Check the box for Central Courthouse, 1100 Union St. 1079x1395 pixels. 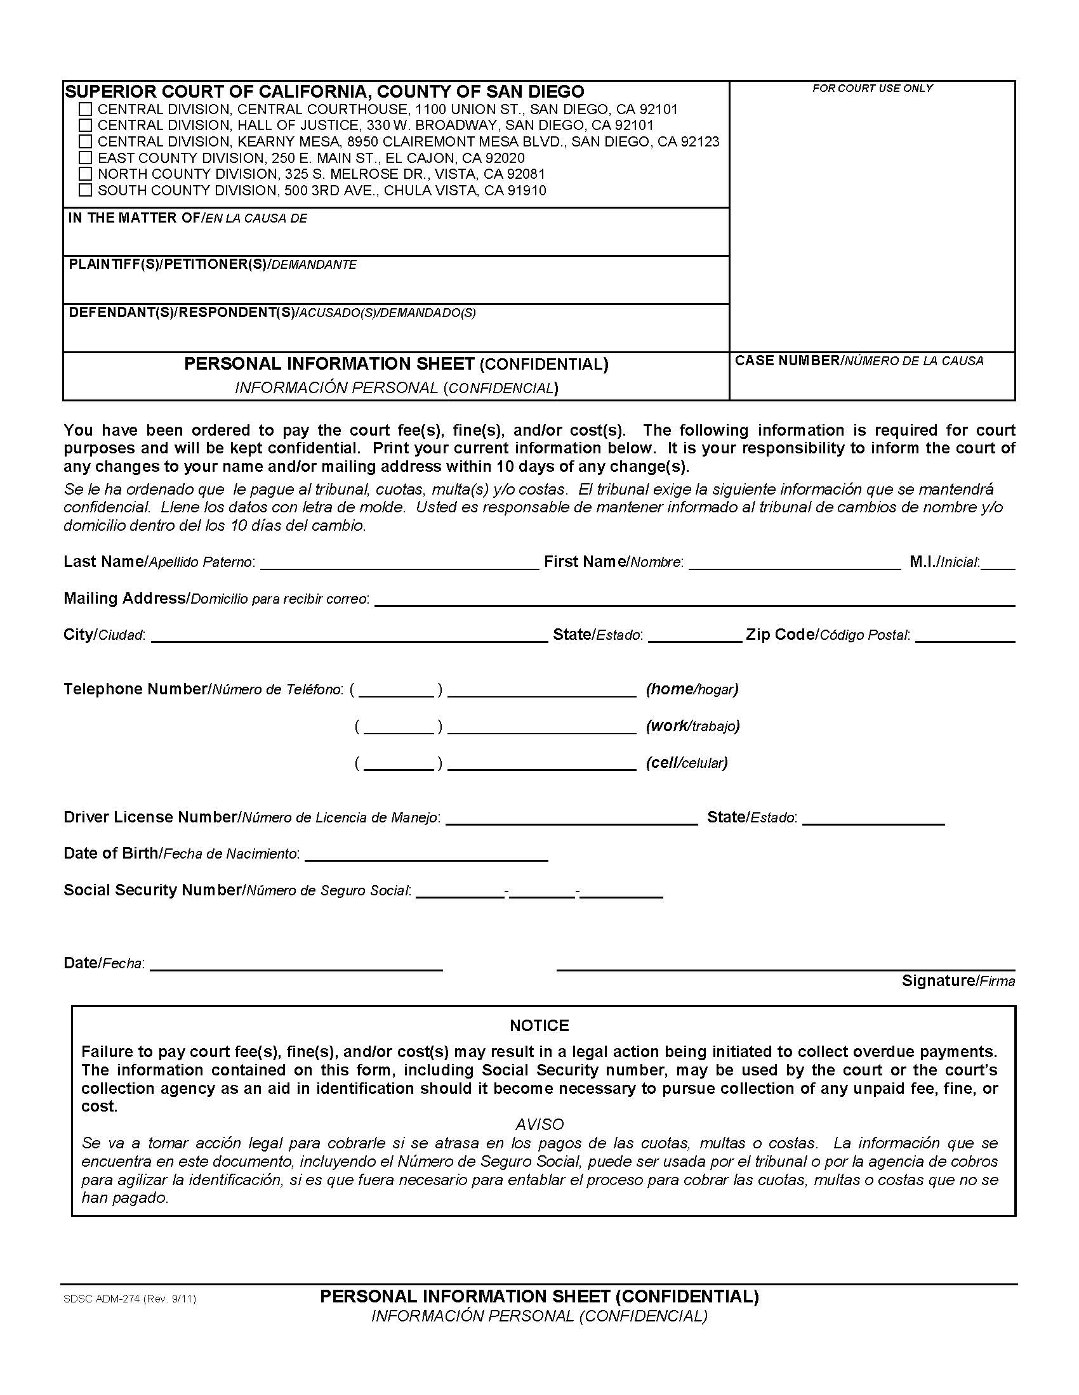point(85,109)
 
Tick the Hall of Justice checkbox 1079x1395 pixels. point(85,125)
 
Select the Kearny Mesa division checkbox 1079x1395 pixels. point(85,141)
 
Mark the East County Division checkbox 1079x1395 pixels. point(85,158)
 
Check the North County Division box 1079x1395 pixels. point(85,174)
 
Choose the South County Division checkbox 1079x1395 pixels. point(85,190)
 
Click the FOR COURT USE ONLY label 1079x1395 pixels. point(872,88)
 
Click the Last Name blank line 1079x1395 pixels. point(399,563)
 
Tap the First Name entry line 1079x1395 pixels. point(795,563)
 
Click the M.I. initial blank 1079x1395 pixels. point(998,563)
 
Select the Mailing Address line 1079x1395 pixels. point(694,600)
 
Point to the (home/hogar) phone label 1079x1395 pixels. point(692,689)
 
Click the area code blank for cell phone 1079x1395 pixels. point(398,765)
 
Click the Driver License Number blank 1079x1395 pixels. point(571,819)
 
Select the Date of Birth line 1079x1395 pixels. point(426,856)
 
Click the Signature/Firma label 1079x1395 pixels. point(958,980)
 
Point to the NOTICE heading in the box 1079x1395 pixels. point(539,1026)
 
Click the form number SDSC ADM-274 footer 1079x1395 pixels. point(129,1299)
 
